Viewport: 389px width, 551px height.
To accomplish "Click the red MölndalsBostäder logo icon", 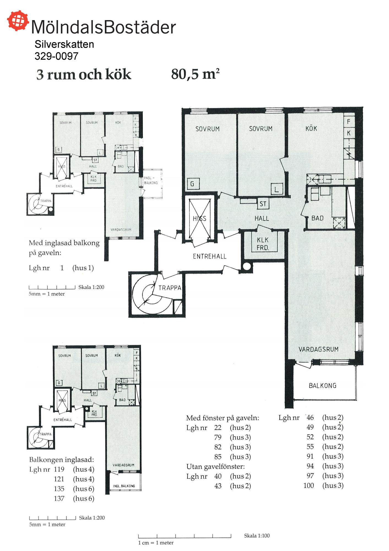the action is [x=18, y=20].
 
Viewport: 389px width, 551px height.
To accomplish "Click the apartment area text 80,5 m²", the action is [x=195, y=74].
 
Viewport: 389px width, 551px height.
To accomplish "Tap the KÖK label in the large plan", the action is [x=311, y=128].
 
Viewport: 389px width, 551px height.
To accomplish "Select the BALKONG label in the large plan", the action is [x=322, y=386].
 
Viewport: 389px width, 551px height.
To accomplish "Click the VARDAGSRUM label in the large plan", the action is [x=319, y=349].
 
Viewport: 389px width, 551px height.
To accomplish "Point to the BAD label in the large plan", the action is [x=317, y=218].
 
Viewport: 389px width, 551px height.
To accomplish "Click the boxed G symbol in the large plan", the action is [x=192, y=184].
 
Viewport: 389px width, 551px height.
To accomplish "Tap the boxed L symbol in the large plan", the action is [x=276, y=189].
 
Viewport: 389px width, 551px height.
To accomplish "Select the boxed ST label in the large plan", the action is [x=263, y=204].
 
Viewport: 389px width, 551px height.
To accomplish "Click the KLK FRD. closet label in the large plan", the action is [x=263, y=244].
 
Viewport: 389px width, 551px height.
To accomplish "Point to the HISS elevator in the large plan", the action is [x=200, y=218].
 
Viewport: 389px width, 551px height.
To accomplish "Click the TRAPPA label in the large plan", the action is [x=170, y=288].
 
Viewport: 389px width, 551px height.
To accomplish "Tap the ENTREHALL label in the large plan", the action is [x=210, y=256].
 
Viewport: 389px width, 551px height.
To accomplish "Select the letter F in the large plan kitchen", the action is [x=349, y=121].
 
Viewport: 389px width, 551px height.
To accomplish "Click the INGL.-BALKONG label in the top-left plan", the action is [x=151, y=180].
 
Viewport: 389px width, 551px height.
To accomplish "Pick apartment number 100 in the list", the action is [x=309, y=485].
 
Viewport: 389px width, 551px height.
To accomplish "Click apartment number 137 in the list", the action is [x=59, y=498].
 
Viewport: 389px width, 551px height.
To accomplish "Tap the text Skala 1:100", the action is [x=257, y=536].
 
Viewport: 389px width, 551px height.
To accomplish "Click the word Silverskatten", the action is [x=64, y=44].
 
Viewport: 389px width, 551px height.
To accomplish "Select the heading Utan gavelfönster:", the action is [x=216, y=467].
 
